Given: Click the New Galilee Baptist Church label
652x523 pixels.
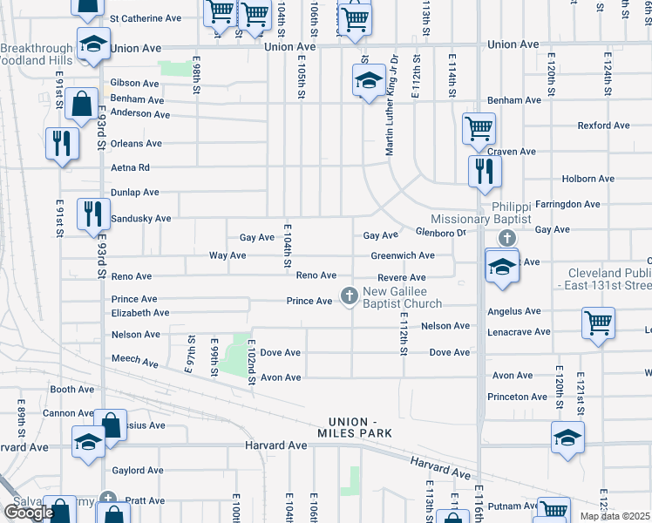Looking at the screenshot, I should [402, 297].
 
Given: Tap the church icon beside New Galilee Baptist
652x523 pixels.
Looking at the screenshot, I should [350, 296].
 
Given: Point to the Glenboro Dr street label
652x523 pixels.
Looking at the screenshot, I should [442, 232].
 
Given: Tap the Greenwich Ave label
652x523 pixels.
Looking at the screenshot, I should [402, 255].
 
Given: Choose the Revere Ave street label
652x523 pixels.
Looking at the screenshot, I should [401, 277].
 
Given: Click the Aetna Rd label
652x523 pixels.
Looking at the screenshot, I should [131, 167].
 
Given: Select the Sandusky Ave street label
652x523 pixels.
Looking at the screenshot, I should [141, 218].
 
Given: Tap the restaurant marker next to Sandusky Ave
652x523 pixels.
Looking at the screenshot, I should [92, 214].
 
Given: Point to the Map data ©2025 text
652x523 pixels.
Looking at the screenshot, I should [614, 516].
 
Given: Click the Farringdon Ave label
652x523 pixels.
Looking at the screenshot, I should [568, 204].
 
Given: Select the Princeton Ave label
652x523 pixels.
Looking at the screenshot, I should [518, 397].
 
